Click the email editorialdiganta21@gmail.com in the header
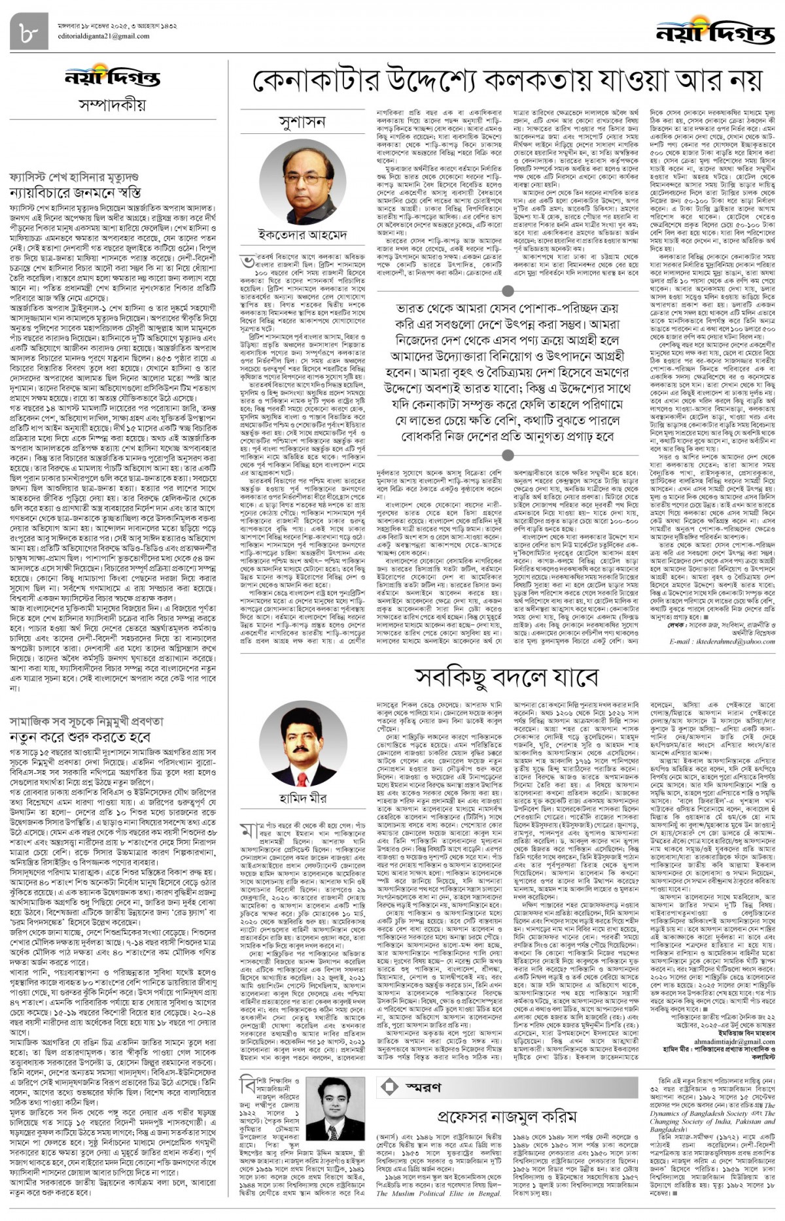(x=99, y=36)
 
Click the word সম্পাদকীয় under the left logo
(x=112, y=105)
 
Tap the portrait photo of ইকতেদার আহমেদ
(x=303, y=182)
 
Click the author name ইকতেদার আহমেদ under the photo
(x=303, y=233)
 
